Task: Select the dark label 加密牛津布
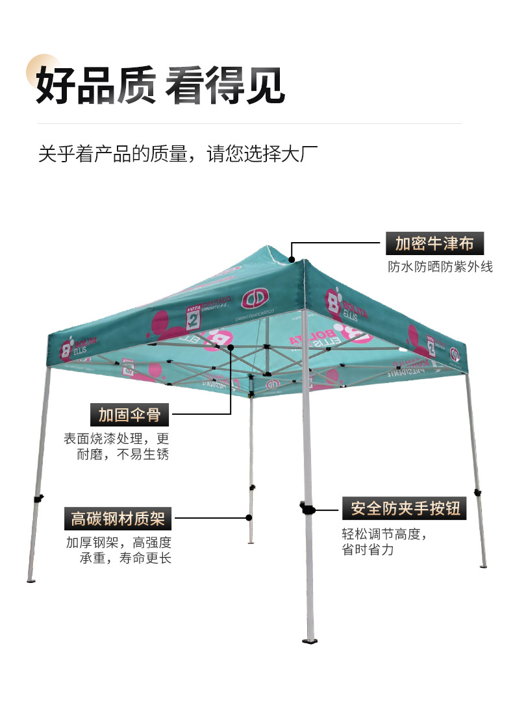[x=434, y=244]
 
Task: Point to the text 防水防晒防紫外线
[x=440, y=267]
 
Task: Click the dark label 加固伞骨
[x=129, y=414]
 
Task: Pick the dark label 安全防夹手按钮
[x=405, y=508]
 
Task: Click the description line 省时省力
[x=368, y=550]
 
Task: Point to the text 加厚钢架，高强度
[x=118, y=542]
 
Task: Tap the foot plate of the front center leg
[x=310, y=641]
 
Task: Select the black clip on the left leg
[x=38, y=499]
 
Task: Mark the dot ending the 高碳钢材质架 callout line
[x=249, y=518]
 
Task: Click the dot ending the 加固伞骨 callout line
[x=231, y=348]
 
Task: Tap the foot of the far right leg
[x=483, y=566]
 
